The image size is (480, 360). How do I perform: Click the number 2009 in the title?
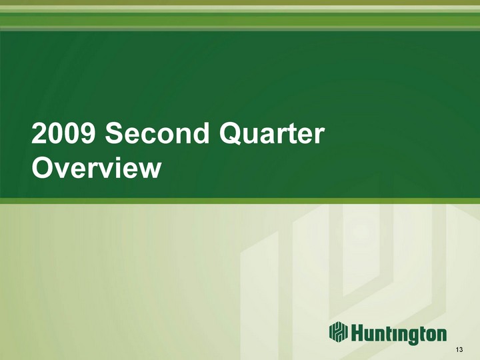[x=63, y=133]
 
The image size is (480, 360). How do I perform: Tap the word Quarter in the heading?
[x=271, y=133]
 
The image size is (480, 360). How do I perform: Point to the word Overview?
[x=96, y=167]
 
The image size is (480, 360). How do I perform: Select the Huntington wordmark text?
[x=398, y=333]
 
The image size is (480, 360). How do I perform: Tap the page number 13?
[x=459, y=350]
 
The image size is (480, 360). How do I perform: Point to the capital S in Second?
[x=115, y=133]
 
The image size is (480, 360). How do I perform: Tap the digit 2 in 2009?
[x=39, y=133]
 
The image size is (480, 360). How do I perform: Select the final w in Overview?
[x=148, y=170]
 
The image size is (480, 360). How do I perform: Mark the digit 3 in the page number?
[x=461, y=350]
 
